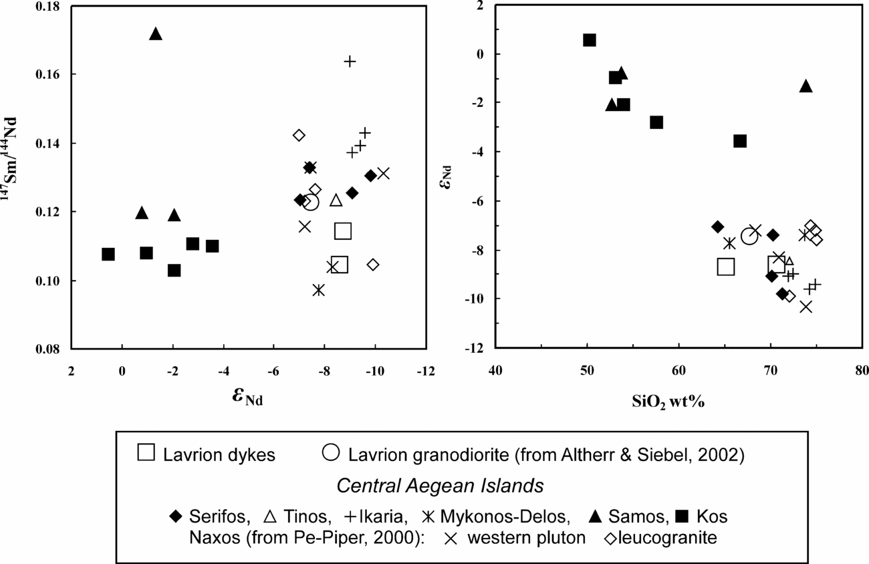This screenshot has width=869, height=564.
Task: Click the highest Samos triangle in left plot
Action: (156, 33)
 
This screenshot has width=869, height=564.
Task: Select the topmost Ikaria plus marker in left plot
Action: (350, 61)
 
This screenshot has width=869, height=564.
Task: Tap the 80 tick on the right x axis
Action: (861, 370)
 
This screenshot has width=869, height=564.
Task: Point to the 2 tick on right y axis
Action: (480, 6)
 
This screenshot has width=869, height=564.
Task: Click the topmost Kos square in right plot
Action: (590, 40)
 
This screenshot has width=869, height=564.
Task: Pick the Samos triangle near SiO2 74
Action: (806, 86)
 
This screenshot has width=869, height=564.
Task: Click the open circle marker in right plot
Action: (749, 237)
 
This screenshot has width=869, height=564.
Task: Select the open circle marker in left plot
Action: (310, 202)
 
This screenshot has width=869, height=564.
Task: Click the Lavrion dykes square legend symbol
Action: (146, 452)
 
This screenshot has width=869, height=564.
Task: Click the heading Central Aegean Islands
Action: (440, 486)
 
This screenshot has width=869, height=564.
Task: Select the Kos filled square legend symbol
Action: (682, 517)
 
